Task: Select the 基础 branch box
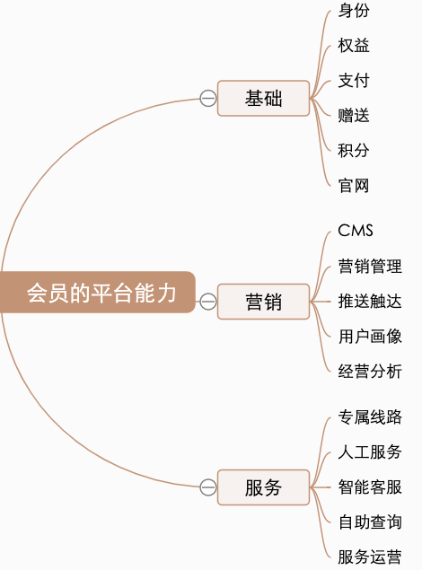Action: click(263, 98)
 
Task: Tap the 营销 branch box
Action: click(263, 302)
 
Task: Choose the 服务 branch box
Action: click(263, 487)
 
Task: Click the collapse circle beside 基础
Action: click(208, 99)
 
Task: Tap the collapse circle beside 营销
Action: click(208, 302)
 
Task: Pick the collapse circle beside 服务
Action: click(208, 487)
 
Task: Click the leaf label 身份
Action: click(354, 11)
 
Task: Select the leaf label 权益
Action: click(354, 46)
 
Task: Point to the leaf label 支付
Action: click(354, 81)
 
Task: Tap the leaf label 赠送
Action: click(354, 115)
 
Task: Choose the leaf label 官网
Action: click(354, 186)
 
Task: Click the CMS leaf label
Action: click(356, 231)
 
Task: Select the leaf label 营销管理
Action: click(370, 267)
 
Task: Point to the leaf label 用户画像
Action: click(370, 337)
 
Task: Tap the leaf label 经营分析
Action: click(370, 372)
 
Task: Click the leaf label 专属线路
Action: click(370, 417)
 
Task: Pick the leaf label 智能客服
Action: click(370, 487)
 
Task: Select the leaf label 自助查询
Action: click(370, 522)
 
